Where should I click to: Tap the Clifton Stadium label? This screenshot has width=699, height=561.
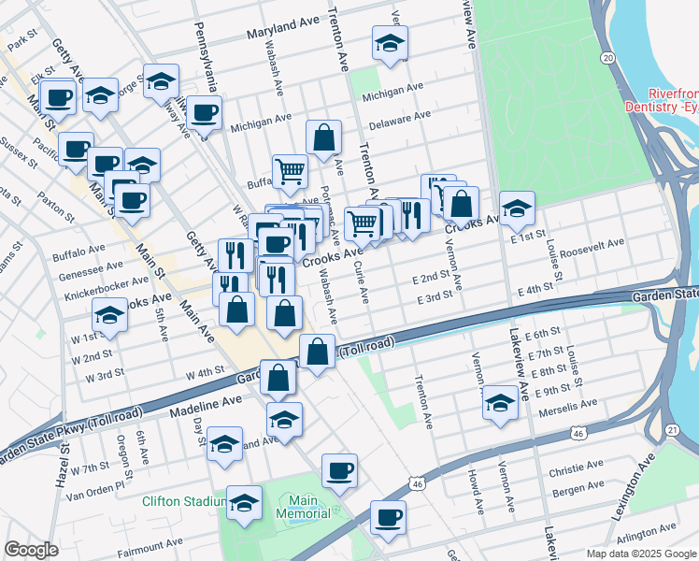(x=181, y=501)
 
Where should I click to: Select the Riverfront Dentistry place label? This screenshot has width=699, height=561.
(x=674, y=101)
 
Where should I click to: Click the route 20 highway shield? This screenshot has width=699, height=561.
(x=608, y=58)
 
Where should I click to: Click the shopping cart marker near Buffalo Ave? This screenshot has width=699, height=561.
(x=291, y=170)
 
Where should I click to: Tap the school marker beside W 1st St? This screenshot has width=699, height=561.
(x=110, y=317)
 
